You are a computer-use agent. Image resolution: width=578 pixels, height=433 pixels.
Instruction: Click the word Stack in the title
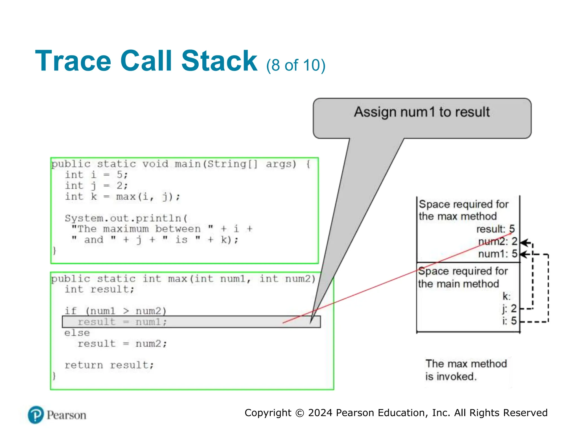coord(219,61)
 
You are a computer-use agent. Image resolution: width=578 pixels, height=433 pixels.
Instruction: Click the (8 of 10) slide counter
coord(295,65)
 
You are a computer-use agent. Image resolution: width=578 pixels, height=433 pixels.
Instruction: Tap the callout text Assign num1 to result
coord(422,112)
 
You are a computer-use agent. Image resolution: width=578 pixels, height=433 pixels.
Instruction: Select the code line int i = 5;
coord(97,175)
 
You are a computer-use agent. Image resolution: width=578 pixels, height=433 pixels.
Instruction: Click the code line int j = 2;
coord(97,186)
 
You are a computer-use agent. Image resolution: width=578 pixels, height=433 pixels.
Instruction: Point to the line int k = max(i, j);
coord(122,196)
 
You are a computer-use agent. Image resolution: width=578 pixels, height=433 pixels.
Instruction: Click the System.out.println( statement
coord(126,218)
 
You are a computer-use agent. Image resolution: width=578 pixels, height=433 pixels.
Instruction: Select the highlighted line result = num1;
coord(122,322)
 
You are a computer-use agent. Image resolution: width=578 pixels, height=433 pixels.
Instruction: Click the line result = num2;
coord(122,344)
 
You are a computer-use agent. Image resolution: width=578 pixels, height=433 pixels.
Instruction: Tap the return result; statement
coord(109,365)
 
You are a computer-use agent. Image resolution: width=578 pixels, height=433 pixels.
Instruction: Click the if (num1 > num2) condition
coord(115,311)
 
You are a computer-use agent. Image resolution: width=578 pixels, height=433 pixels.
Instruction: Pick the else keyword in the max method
coord(77,333)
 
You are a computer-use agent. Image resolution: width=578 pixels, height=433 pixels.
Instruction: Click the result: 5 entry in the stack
coord(495,229)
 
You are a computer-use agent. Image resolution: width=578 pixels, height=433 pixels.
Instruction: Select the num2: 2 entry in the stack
coord(498,242)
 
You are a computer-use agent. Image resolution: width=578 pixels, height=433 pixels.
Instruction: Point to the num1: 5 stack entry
coord(498,254)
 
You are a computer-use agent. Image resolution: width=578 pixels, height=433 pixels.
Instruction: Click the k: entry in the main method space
coord(506,297)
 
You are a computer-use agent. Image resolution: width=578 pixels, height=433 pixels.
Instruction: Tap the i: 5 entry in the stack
coord(509,321)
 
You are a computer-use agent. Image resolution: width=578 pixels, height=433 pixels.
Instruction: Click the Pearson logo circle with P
coord(36,415)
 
